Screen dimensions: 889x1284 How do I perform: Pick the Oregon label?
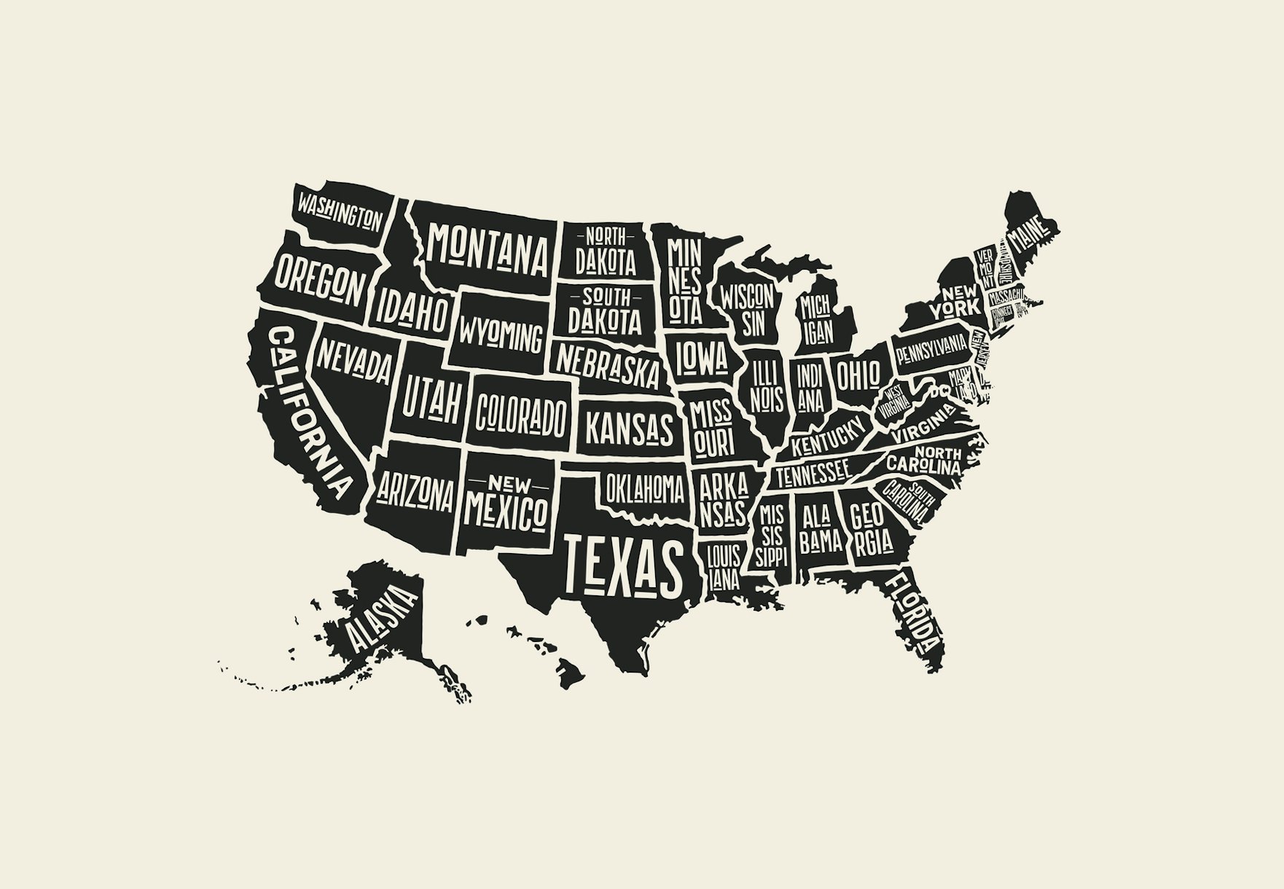(318, 279)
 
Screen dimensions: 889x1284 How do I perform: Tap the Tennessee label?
(812, 474)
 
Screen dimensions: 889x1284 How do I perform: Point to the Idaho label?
(411, 310)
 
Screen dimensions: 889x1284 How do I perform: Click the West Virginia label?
(893, 400)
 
